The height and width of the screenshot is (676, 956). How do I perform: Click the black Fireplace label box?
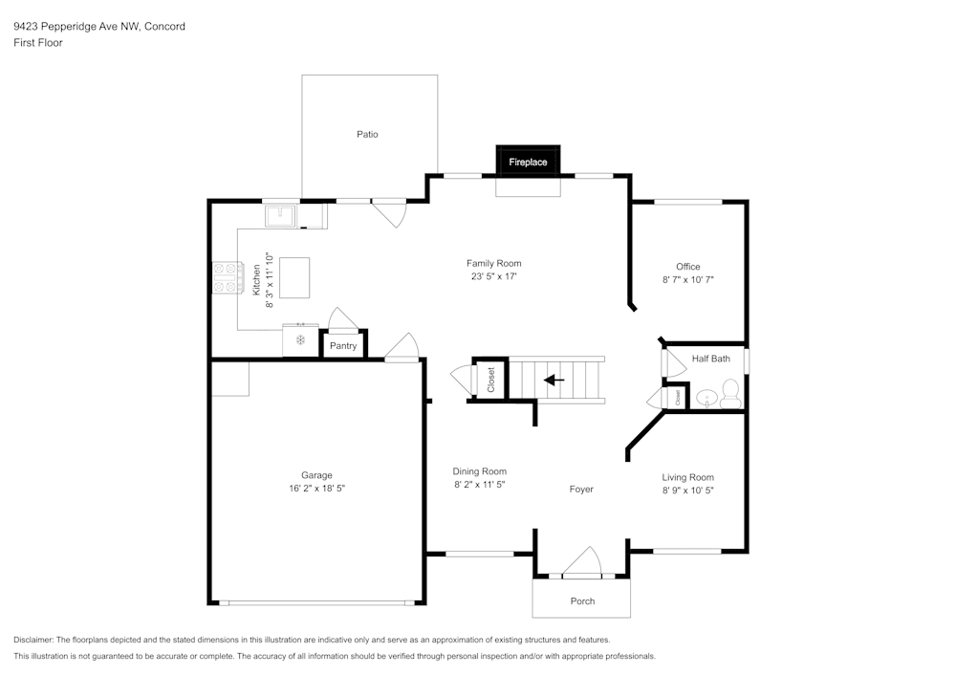528,162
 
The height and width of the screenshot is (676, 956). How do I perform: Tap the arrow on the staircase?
554,380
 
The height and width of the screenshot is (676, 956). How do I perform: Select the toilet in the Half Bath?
729,392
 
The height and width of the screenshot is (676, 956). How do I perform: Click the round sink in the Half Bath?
707,397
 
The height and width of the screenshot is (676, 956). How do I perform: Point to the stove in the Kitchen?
226,277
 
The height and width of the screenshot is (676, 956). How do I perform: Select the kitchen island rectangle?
294,276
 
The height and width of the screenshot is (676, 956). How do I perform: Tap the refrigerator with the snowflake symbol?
300,340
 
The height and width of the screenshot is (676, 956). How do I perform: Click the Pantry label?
343,345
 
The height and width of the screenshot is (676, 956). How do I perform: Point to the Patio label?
367,134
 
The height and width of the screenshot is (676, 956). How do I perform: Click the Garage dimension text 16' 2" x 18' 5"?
316,488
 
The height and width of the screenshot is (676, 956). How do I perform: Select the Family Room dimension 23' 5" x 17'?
493,276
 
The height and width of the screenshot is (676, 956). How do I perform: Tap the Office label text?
687,267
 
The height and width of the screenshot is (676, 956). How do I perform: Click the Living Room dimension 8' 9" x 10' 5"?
687,490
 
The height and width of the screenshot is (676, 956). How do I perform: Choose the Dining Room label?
479,471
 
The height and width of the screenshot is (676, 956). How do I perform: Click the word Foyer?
581,489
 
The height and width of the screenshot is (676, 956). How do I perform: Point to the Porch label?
582,600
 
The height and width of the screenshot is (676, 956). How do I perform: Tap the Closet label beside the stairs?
491,381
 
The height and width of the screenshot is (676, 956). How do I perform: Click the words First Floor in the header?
38,43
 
